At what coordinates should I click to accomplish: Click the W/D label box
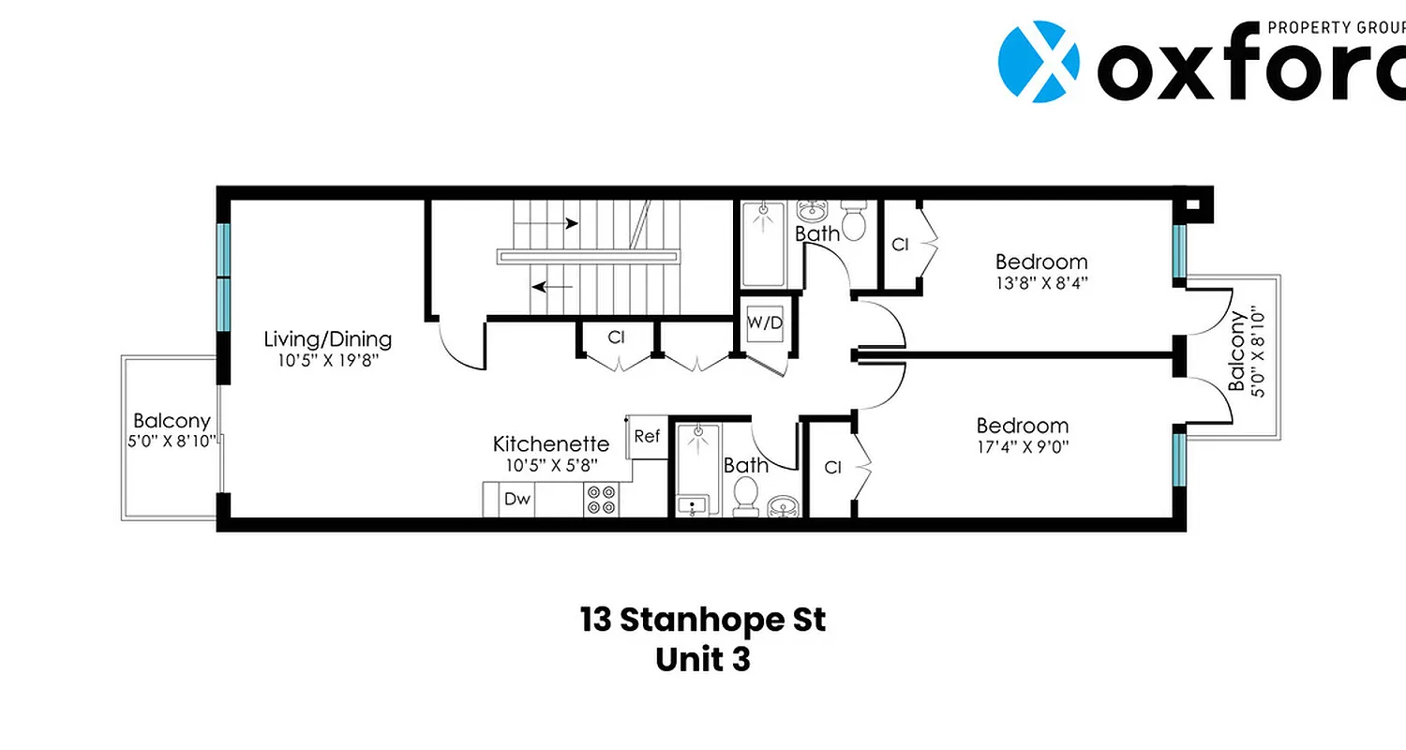point(765,323)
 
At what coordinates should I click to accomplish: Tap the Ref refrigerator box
point(646,436)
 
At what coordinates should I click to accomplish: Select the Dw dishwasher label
point(517,500)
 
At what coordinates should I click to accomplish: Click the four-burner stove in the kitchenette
point(600,499)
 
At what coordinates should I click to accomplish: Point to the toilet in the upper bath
point(853,219)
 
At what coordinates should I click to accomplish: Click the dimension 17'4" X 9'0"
point(1023,446)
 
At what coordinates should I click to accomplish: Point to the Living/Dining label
point(327,339)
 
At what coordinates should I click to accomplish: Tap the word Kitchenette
point(551,444)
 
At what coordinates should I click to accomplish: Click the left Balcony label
point(172,421)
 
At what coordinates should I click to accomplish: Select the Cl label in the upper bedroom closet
point(901,245)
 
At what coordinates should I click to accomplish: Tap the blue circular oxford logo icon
point(1038,62)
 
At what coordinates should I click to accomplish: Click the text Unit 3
point(703,659)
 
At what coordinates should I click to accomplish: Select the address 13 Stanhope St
point(703,620)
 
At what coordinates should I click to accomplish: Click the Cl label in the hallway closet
point(616,337)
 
